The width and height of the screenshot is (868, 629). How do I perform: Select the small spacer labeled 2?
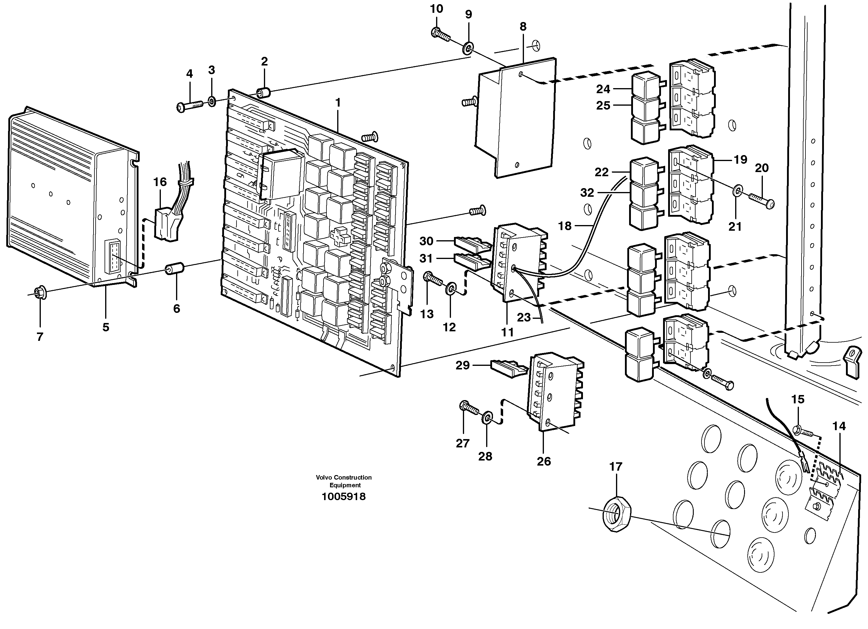coord(263,93)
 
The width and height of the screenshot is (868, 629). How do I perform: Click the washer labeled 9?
coord(468,49)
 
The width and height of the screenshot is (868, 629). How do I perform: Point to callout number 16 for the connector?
coord(160,182)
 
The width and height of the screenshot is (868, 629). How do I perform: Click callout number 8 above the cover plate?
coord(523,26)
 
